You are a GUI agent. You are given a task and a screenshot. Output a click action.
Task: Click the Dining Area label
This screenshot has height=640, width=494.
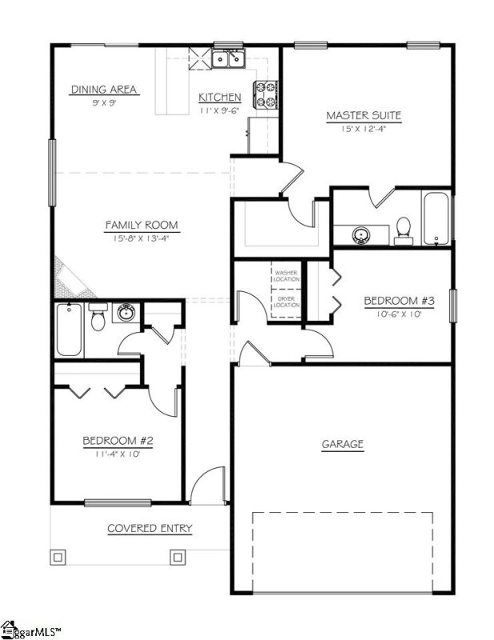click(105, 90)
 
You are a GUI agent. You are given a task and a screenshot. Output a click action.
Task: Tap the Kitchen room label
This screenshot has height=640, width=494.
click(220, 98)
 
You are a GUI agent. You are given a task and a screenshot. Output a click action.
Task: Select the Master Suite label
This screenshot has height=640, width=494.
click(363, 116)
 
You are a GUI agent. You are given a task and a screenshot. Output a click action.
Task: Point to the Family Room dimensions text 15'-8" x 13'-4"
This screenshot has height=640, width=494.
click(142, 238)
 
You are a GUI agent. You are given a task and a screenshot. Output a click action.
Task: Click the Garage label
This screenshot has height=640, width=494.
click(343, 444)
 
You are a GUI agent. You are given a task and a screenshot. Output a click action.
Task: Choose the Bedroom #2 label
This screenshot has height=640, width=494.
click(118, 441)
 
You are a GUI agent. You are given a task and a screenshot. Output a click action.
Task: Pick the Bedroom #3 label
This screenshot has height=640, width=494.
click(399, 301)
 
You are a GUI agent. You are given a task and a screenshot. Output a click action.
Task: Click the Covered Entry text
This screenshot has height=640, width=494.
click(150, 529)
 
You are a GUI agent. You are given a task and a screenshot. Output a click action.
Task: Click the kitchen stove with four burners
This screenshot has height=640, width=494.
click(265, 95)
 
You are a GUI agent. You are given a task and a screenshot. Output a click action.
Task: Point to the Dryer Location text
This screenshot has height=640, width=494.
click(287, 302)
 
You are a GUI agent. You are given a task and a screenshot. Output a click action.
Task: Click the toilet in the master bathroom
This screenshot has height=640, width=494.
click(404, 230)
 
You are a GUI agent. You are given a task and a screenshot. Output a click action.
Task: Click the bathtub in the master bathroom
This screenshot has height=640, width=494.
click(436, 218)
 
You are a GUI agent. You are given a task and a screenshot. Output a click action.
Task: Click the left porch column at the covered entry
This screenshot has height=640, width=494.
click(58, 557)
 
